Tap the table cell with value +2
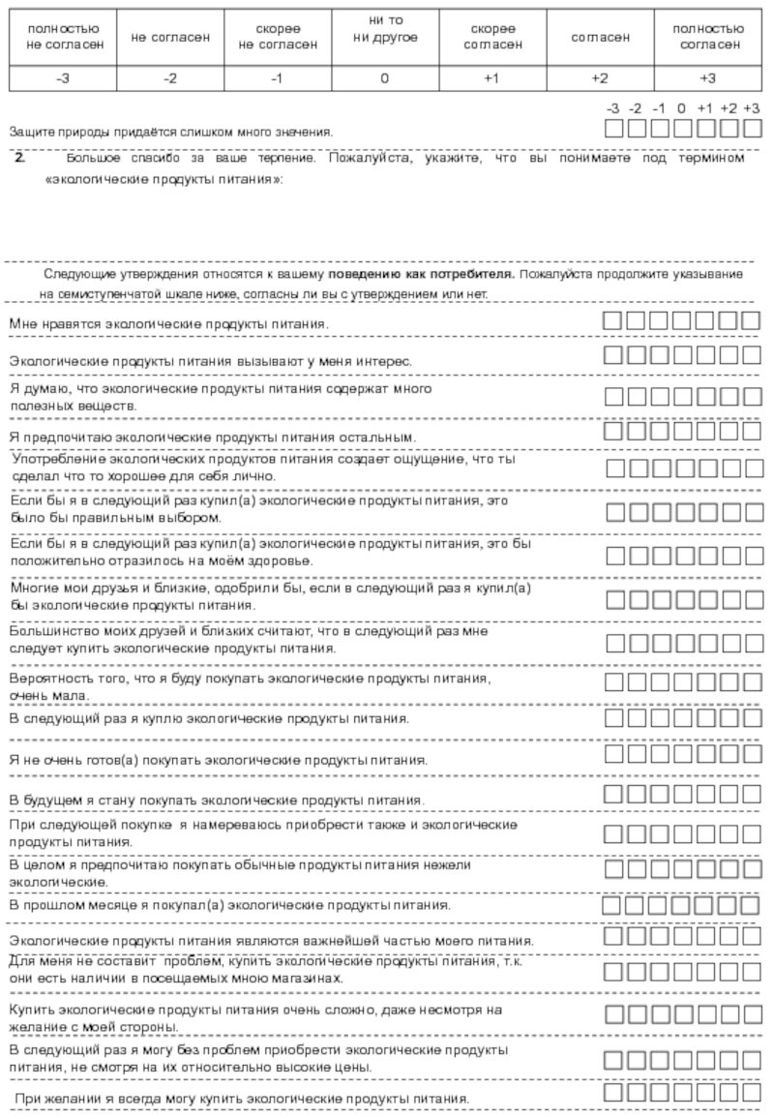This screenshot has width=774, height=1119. pyautogui.click(x=600, y=79)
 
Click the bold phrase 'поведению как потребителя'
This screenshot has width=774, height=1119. pyautogui.click(x=421, y=276)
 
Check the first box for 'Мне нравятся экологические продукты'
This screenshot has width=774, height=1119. pyautogui.click(x=613, y=321)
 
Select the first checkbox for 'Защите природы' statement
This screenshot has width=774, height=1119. pyautogui.click(x=613, y=128)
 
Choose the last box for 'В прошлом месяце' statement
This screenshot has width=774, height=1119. pyautogui.click(x=752, y=905)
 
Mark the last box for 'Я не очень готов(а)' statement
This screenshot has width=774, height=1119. pyautogui.click(x=752, y=753)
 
